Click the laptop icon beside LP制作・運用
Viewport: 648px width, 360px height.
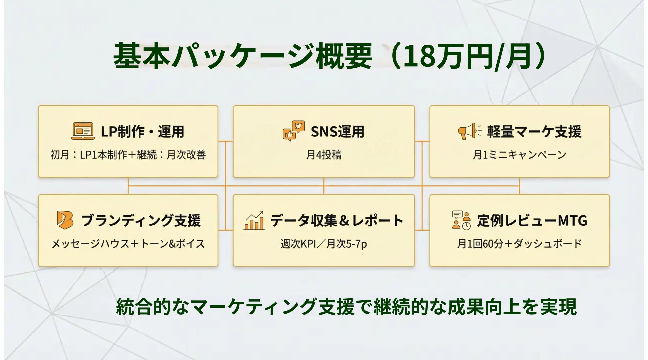(x=83, y=131)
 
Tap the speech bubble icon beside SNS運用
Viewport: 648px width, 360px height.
(x=294, y=131)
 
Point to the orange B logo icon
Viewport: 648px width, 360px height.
(x=65, y=220)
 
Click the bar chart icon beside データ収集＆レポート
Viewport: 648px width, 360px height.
(x=254, y=221)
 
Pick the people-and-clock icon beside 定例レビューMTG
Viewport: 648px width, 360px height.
(x=461, y=220)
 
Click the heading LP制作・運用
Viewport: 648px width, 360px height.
(x=143, y=132)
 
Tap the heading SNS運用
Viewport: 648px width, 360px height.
(x=337, y=132)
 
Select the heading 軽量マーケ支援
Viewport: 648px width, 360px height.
(x=534, y=132)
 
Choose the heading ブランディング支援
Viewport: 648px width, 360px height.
(x=141, y=221)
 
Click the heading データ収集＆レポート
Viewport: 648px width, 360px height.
(x=337, y=221)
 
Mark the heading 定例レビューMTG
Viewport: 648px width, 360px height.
(x=532, y=221)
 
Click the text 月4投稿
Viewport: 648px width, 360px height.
(x=324, y=155)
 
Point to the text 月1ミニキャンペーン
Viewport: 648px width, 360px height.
(x=519, y=155)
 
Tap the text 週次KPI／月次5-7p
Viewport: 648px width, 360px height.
(x=324, y=244)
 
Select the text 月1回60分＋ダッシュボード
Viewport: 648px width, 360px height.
(x=519, y=244)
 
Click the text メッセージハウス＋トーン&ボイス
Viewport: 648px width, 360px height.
(x=128, y=244)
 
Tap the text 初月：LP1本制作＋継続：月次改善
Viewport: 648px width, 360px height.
(x=128, y=155)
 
